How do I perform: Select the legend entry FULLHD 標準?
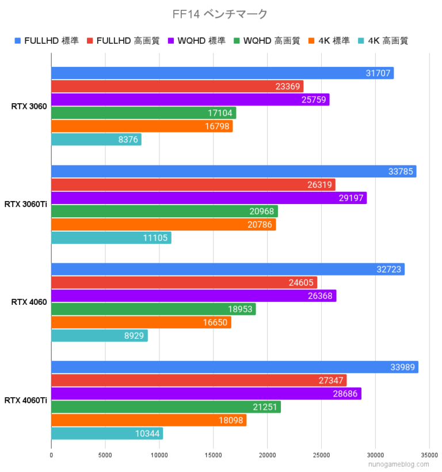point(47,40)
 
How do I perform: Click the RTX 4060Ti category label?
point(26,400)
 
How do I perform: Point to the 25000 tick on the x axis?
point(321,455)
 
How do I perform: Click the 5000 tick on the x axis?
point(105,455)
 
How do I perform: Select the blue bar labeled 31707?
point(222,73)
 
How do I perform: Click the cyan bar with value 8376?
point(96,139)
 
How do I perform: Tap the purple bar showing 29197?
point(209,198)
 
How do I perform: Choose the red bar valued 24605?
point(184,282)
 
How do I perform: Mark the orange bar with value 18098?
point(148,420)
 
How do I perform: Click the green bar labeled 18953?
point(153,309)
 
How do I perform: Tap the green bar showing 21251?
point(166,407)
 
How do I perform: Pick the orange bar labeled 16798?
point(142,126)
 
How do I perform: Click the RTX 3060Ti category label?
point(26,204)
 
